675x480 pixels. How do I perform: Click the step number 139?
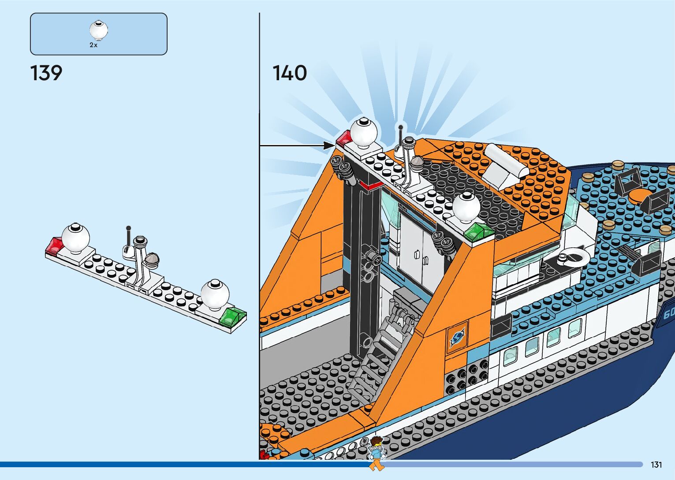pyautogui.click(x=46, y=73)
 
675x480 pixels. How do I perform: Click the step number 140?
pyautogui.click(x=290, y=73)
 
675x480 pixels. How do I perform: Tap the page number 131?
pyautogui.click(x=656, y=465)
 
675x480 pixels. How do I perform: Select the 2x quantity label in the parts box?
pyautogui.click(x=93, y=45)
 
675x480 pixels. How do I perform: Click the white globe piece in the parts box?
pyautogui.click(x=99, y=30)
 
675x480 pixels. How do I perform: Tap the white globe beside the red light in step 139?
pyautogui.click(x=75, y=238)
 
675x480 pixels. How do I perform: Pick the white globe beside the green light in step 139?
pyautogui.click(x=215, y=293)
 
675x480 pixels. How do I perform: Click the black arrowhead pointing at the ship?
pyautogui.click(x=329, y=145)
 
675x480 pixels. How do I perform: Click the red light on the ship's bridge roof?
pyautogui.click(x=343, y=139)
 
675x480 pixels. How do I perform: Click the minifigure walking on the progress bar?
pyautogui.click(x=376, y=453)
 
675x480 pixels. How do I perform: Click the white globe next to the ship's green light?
pyautogui.click(x=466, y=206)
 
